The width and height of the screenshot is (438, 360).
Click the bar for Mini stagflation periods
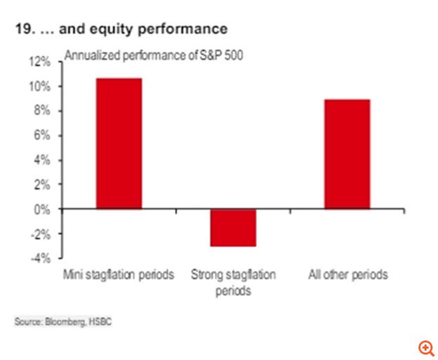tap(119, 143)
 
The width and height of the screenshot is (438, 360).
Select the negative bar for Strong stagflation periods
tap(233, 227)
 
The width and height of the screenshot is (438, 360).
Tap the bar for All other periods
tap(347, 154)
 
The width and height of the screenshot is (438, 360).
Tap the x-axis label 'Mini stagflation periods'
tap(119, 274)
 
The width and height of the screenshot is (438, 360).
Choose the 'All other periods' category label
tap(347, 274)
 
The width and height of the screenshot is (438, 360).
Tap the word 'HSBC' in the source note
tap(100, 321)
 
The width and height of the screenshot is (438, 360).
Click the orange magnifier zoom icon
tap(426, 347)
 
